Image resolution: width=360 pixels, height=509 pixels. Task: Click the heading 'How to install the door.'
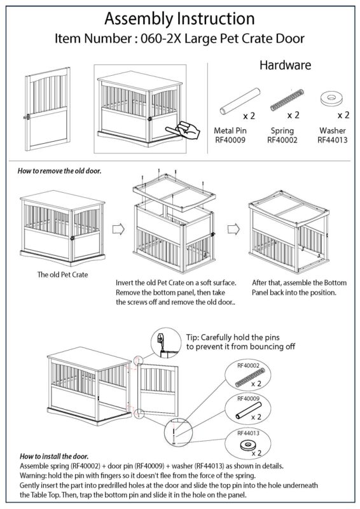pyautogui.click(x=53, y=456)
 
